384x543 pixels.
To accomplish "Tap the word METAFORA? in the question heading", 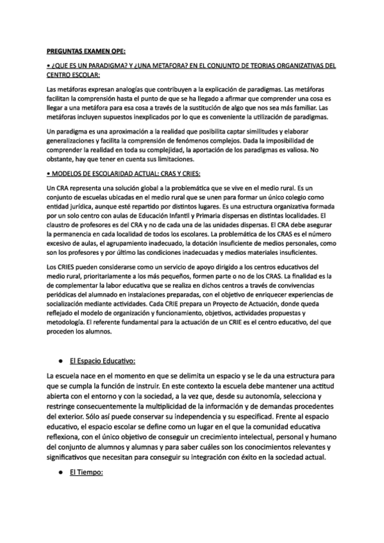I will [159, 65].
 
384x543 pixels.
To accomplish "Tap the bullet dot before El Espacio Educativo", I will [60, 362].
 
